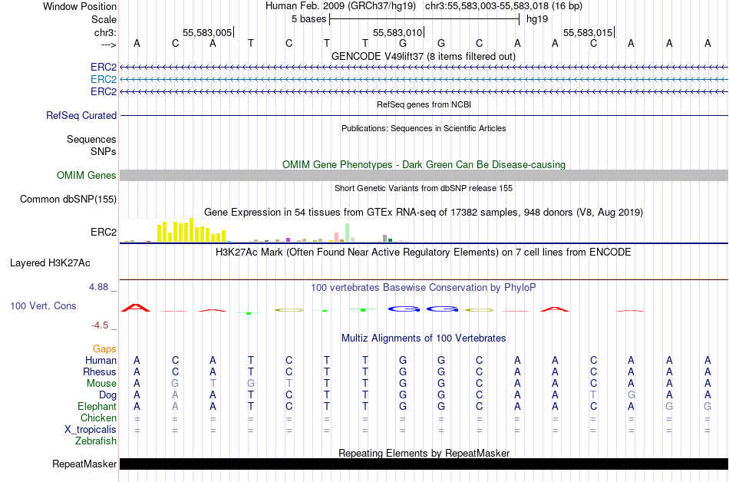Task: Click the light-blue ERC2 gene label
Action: pyautogui.click(x=103, y=79)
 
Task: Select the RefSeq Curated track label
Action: pyautogui.click(x=81, y=115)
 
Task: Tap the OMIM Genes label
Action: pyautogui.click(x=87, y=176)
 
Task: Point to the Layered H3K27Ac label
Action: pyautogui.click(x=50, y=262)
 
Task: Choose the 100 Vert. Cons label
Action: pyautogui.click(x=43, y=305)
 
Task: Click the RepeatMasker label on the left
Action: pyautogui.click(x=84, y=464)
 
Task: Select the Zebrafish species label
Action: pyautogui.click(x=96, y=441)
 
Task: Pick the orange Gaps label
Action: pyautogui.click(x=104, y=348)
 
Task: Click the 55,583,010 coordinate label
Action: pyautogui.click(x=397, y=33)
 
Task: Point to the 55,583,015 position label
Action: pyautogui.click(x=588, y=33)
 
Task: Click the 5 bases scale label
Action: pyautogui.click(x=308, y=18)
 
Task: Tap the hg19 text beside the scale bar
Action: pyautogui.click(x=537, y=18)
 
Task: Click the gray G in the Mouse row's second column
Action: pyautogui.click(x=175, y=384)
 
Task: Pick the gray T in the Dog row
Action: pyautogui.click(x=593, y=395)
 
